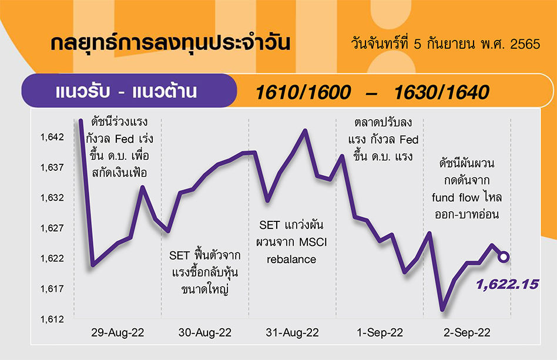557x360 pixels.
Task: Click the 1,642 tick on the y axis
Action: click(x=52, y=137)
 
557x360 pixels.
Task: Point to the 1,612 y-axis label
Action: click(x=52, y=319)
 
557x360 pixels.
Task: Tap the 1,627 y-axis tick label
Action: click(x=52, y=228)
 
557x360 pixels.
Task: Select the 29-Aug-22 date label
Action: click(x=118, y=332)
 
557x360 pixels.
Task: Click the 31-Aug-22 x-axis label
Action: click(x=293, y=332)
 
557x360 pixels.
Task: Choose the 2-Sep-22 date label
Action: click(x=467, y=332)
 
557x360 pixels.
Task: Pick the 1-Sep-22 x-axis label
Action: click(x=380, y=332)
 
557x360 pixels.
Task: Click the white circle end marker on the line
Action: click(x=504, y=257)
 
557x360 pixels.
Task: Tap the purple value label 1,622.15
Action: click(x=507, y=284)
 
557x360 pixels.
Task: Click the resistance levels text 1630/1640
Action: click(x=442, y=92)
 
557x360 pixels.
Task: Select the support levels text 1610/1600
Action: click(x=303, y=92)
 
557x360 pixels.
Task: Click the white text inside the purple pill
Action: click(x=126, y=91)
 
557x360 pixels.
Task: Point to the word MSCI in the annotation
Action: click(x=313, y=243)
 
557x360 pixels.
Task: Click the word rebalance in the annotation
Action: click(x=291, y=260)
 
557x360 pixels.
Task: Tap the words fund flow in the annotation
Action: click(x=455, y=197)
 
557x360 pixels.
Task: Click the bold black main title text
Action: click(x=170, y=43)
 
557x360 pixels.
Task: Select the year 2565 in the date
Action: click(x=525, y=44)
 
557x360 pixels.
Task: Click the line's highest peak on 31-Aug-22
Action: click(x=305, y=130)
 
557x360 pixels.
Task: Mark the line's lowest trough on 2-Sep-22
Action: click(x=442, y=309)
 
